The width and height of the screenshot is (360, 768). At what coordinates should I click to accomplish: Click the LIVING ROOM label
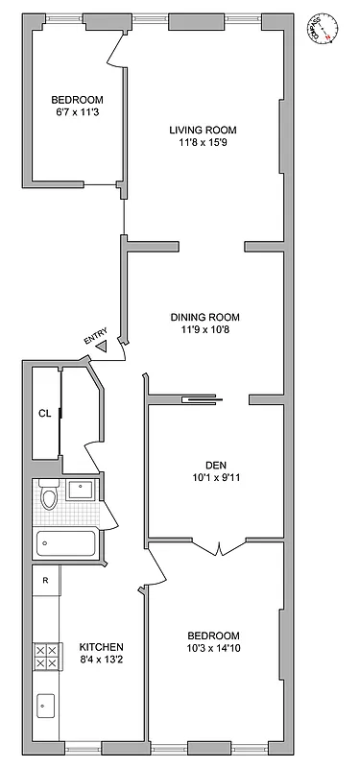[203, 131]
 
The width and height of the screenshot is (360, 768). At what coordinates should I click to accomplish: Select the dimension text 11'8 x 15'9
[203, 144]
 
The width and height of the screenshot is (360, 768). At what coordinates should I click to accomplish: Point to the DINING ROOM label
[204, 317]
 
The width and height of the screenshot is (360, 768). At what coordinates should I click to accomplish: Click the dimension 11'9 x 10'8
[204, 330]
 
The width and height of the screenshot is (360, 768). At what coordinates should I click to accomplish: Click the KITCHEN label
[99, 647]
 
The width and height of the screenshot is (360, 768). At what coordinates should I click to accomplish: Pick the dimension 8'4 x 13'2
[99, 660]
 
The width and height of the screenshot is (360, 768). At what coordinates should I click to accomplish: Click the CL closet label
[44, 414]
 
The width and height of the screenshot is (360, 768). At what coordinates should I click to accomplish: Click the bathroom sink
[81, 490]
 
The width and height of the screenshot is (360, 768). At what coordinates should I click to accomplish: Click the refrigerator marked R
[45, 579]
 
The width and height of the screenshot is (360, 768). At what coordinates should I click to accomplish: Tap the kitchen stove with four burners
[46, 657]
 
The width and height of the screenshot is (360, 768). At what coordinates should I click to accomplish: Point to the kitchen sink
[45, 708]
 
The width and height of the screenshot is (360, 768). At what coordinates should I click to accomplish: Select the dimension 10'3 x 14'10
[214, 650]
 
